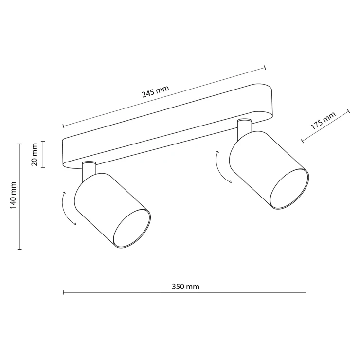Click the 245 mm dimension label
(x=156, y=91)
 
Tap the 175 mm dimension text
(x=323, y=121)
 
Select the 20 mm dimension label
(x=34, y=155)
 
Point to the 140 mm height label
(x=13, y=196)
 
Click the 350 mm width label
(x=185, y=287)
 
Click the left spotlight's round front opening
(x=132, y=229)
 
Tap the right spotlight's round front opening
(x=289, y=189)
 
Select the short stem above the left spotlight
(x=89, y=172)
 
